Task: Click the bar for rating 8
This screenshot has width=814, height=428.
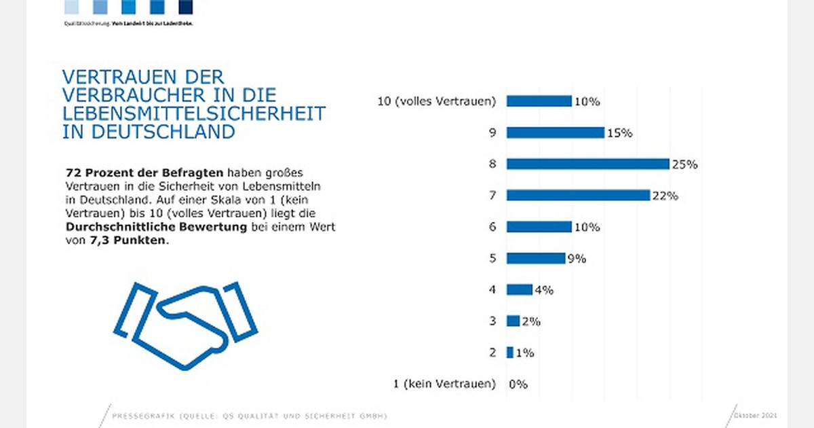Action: coord(587,164)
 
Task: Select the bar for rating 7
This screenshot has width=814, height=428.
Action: coord(578,196)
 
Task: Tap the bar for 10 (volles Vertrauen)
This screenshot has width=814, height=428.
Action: coord(539,101)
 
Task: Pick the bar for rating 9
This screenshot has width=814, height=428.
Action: coord(555,132)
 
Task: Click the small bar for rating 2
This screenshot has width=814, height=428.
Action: coord(510,353)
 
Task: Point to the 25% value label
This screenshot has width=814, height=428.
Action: coord(684,164)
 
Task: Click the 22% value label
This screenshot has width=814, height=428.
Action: coord(665,196)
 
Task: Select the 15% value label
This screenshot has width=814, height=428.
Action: coord(619,133)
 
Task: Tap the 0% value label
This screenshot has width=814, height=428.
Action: coord(518,385)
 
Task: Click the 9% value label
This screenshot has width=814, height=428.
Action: coord(577,259)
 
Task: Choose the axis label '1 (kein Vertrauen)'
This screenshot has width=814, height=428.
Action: coord(444,385)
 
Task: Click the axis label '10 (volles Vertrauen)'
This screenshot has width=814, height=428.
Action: coord(437,102)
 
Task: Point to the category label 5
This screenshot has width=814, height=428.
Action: coord(493,259)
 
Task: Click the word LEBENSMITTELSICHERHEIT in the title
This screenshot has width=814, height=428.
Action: coord(194,113)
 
